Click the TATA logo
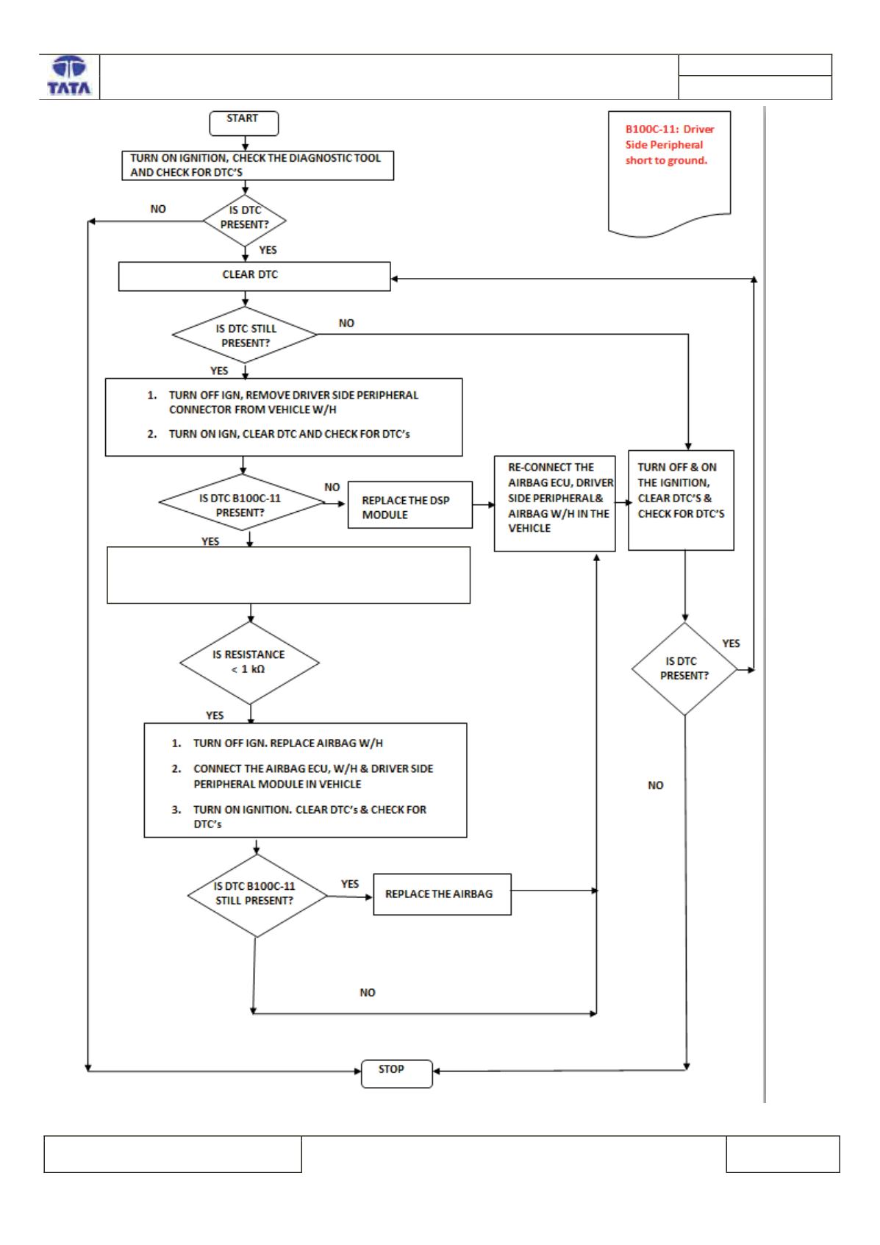click(69, 76)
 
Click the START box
click(243, 123)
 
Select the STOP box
click(396, 1073)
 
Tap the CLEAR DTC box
click(254, 277)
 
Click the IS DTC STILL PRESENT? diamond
click(244, 335)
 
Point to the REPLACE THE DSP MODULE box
click(410, 504)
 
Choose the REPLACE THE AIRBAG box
click(442, 893)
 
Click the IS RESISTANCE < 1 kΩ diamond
click(249, 663)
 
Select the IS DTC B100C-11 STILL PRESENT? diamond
click(257, 896)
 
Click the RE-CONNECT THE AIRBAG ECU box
click(554, 504)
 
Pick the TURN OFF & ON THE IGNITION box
click(681, 500)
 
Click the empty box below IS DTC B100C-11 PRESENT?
click(288, 575)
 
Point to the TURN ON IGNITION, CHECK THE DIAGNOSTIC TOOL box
click(258, 165)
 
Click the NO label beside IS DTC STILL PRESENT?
click(346, 323)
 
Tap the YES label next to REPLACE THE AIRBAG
click(349, 883)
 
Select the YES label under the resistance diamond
click(215, 715)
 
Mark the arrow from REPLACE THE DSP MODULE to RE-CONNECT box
click(483, 504)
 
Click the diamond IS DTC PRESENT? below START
click(244, 220)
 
